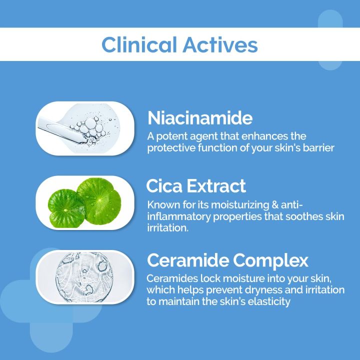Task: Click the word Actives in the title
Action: point(220,44)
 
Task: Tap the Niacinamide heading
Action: point(200,118)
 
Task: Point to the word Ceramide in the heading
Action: point(188,260)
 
